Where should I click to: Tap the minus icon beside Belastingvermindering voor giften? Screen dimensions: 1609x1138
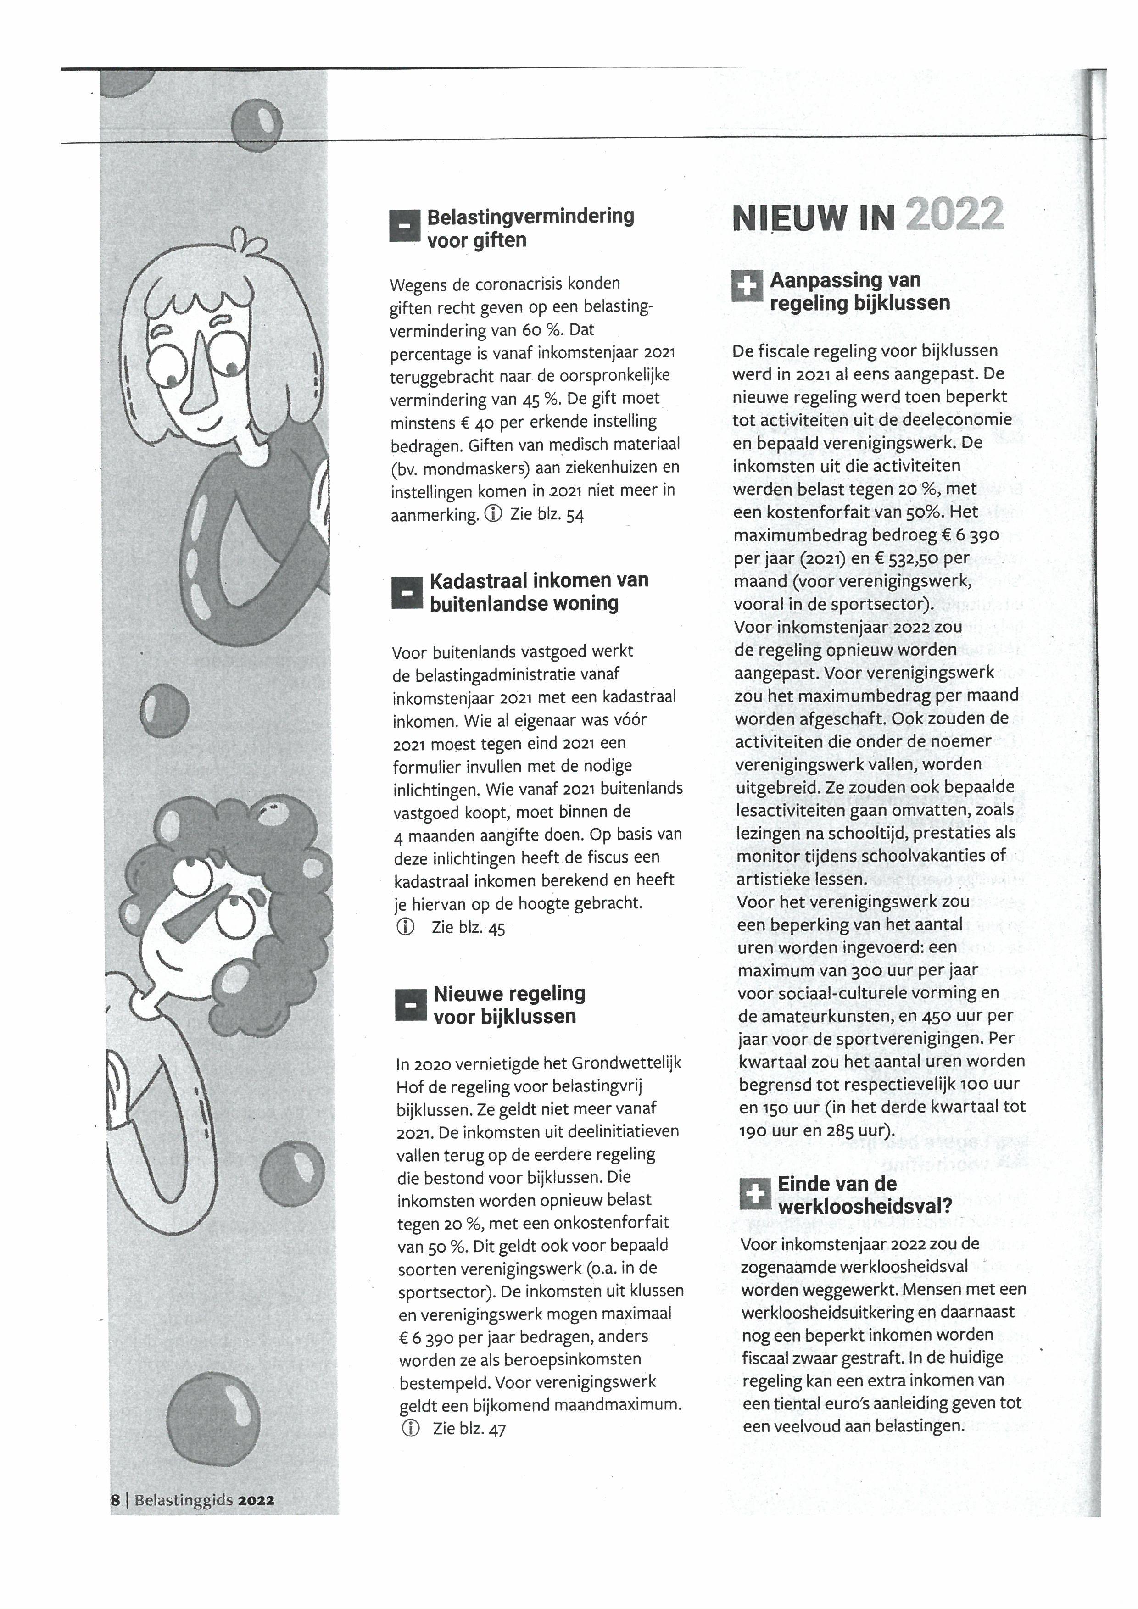(x=404, y=226)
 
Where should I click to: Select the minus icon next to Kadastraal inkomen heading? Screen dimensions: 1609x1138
(x=407, y=592)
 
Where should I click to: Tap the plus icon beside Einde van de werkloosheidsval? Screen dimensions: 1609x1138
(x=755, y=1193)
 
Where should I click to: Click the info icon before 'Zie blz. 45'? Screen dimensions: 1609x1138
(x=405, y=927)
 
